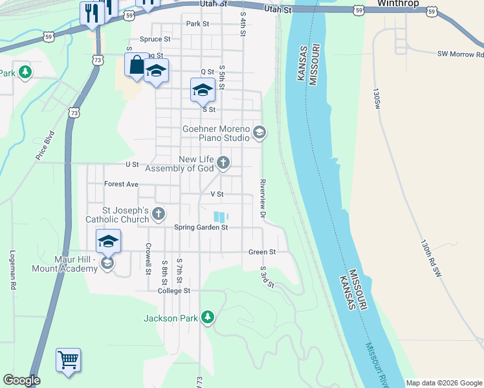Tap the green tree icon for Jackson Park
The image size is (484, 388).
pyautogui.click(x=208, y=317)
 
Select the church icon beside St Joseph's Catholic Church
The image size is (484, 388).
pyautogui.click(x=158, y=213)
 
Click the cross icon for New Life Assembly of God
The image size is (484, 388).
pyautogui.click(x=223, y=162)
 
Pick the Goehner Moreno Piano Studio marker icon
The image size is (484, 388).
pyautogui.click(x=259, y=133)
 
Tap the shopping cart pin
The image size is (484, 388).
pyautogui.click(x=68, y=359)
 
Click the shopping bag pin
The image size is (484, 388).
pyautogui.click(x=137, y=65)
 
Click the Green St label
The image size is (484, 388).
pyautogui.click(x=263, y=252)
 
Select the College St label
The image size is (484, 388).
pyautogui.click(x=174, y=291)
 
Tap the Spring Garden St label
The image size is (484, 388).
pyautogui.click(x=201, y=227)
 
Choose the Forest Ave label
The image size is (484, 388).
pyautogui.click(x=122, y=184)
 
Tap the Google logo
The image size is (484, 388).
pyautogui.click(x=21, y=380)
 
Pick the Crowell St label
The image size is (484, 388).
pyautogui.click(x=148, y=257)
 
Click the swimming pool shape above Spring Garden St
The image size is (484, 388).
pyautogui.click(x=221, y=217)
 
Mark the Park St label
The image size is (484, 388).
pyautogui.click(x=197, y=24)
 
